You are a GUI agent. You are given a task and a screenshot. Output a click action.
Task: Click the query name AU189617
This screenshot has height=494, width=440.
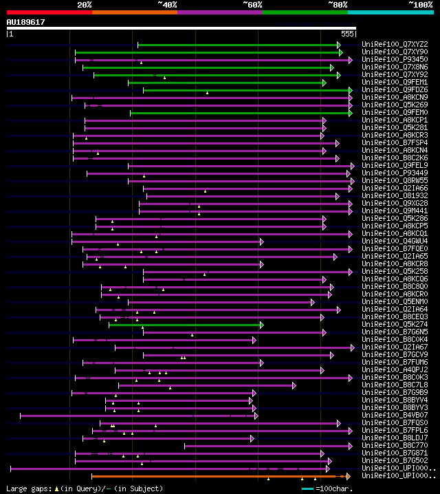click(x=25, y=22)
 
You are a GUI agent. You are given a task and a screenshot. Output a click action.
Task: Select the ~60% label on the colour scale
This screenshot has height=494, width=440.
click(x=252, y=5)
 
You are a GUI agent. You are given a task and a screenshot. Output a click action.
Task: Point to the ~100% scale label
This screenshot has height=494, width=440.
click(x=421, y=5)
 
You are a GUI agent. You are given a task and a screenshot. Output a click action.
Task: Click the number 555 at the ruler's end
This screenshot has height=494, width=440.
click(x=347, y=34)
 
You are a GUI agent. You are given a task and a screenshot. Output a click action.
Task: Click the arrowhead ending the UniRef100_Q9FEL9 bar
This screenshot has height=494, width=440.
click(x=353, y=166)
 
